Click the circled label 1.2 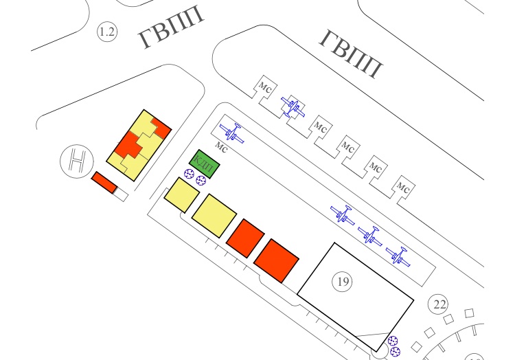[106, 32]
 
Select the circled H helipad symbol [75, 161]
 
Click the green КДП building [205, 164]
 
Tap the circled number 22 [437, 304]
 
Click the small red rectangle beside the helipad [104, 183]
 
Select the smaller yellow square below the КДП [181, 195]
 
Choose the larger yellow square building [214, 215]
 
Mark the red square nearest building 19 [276, 260]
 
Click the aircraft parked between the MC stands [293, 107]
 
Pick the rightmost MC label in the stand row [404, 186]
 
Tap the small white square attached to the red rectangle [122, 195]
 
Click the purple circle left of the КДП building [189, 176]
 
